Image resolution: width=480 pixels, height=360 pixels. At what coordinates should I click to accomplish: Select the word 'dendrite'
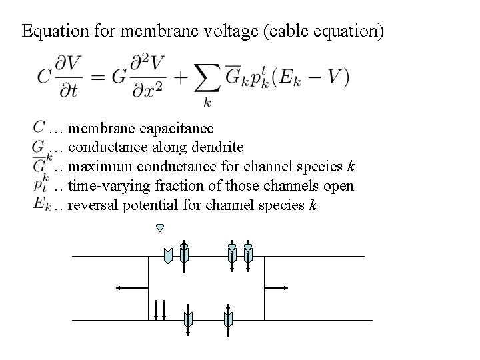pos(217,147)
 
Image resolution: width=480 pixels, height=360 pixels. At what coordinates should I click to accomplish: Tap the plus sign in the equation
pos(178,77)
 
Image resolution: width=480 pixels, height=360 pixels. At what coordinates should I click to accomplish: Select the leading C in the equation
pos(45,77)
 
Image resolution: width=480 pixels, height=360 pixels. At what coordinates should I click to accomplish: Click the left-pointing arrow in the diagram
pos(131,287)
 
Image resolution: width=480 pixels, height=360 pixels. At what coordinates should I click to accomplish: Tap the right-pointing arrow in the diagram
pos(277,287)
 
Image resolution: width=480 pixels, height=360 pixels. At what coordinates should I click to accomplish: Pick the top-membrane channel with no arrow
pos(168,255)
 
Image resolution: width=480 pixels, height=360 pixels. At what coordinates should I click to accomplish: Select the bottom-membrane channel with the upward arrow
pos(228,321)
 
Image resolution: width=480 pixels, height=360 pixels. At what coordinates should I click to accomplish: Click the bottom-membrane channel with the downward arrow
pos(188,321)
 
